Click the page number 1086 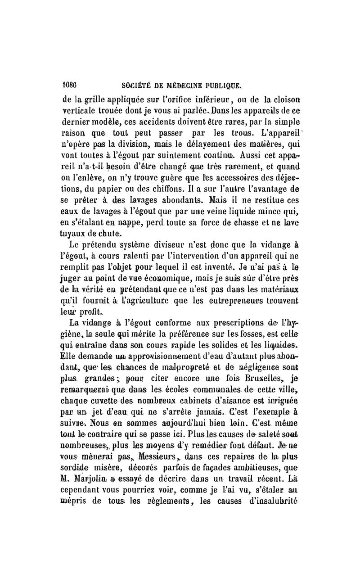[69, 83]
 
